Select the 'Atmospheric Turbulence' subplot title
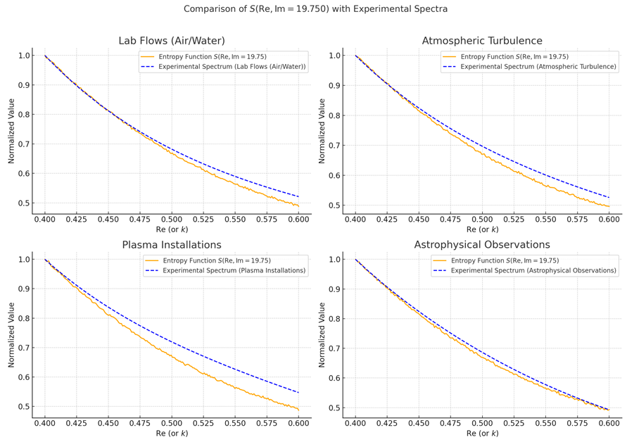click(x=482, y=41)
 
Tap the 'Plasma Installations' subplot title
click(x=172, y=245)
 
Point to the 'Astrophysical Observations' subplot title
click(x=482, y=245)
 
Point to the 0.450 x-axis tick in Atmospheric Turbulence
click(x=419, y=220)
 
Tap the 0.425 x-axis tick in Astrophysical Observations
click(x=387, y=424)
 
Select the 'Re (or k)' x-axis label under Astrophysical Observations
click(x=482, y=434)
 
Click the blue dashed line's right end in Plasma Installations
click(x=298, y=393)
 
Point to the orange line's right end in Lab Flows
click(x=298, y=206)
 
